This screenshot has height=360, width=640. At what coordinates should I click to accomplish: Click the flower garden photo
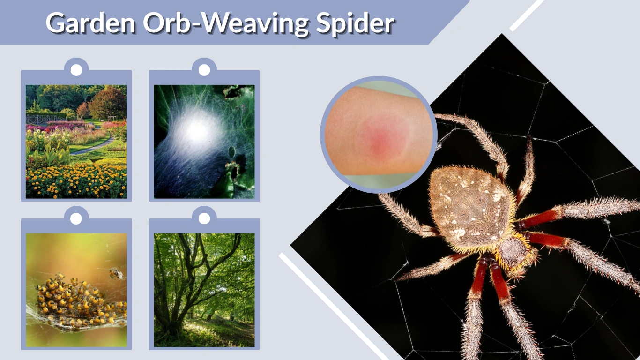(x=76, y=141)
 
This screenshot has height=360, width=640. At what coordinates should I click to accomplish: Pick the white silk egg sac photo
(x=204, y=141)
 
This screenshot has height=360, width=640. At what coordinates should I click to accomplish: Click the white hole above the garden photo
(x=76, y=70)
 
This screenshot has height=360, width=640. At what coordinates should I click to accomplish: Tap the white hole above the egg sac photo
(x=204, y=70)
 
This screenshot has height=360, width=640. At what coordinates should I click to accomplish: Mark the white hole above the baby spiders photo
(x=76, y=218)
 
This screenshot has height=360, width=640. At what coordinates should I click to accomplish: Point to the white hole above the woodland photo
(x=204, y=218)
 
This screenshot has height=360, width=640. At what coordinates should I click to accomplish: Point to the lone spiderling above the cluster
(x=115, y=273)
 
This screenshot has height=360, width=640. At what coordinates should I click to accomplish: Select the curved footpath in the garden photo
(x=94, y=147)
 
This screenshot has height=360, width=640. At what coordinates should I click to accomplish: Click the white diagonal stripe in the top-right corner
(x=527, y=15)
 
